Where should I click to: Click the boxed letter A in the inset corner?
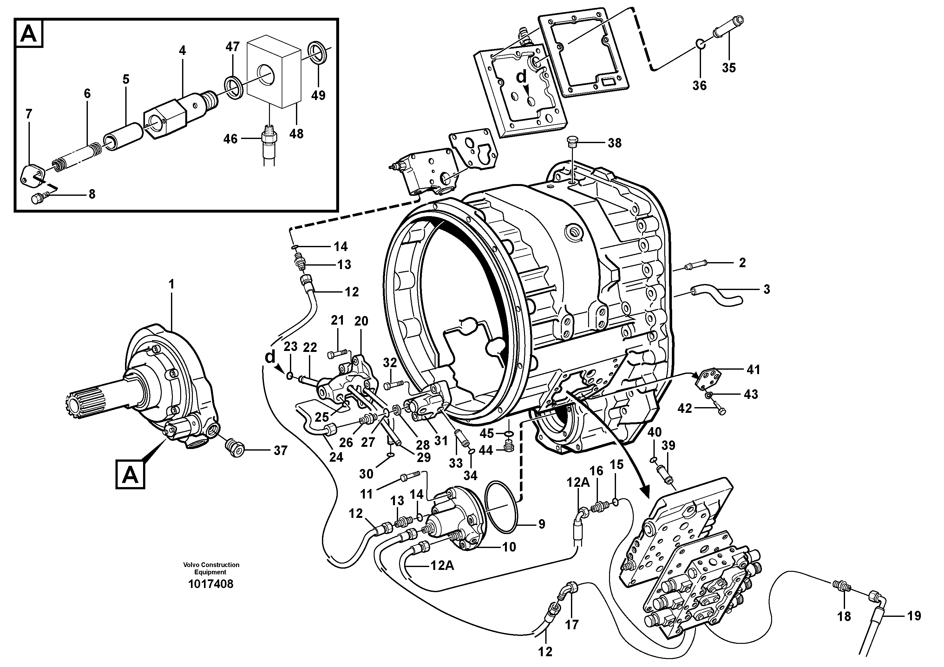(29, 33)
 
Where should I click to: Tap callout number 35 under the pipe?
(729, 68)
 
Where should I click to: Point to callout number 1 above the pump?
(172, 284)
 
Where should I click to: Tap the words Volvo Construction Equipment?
(211, 568)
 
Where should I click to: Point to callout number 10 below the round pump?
(508, 547)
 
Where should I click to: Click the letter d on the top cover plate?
(521, 76)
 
